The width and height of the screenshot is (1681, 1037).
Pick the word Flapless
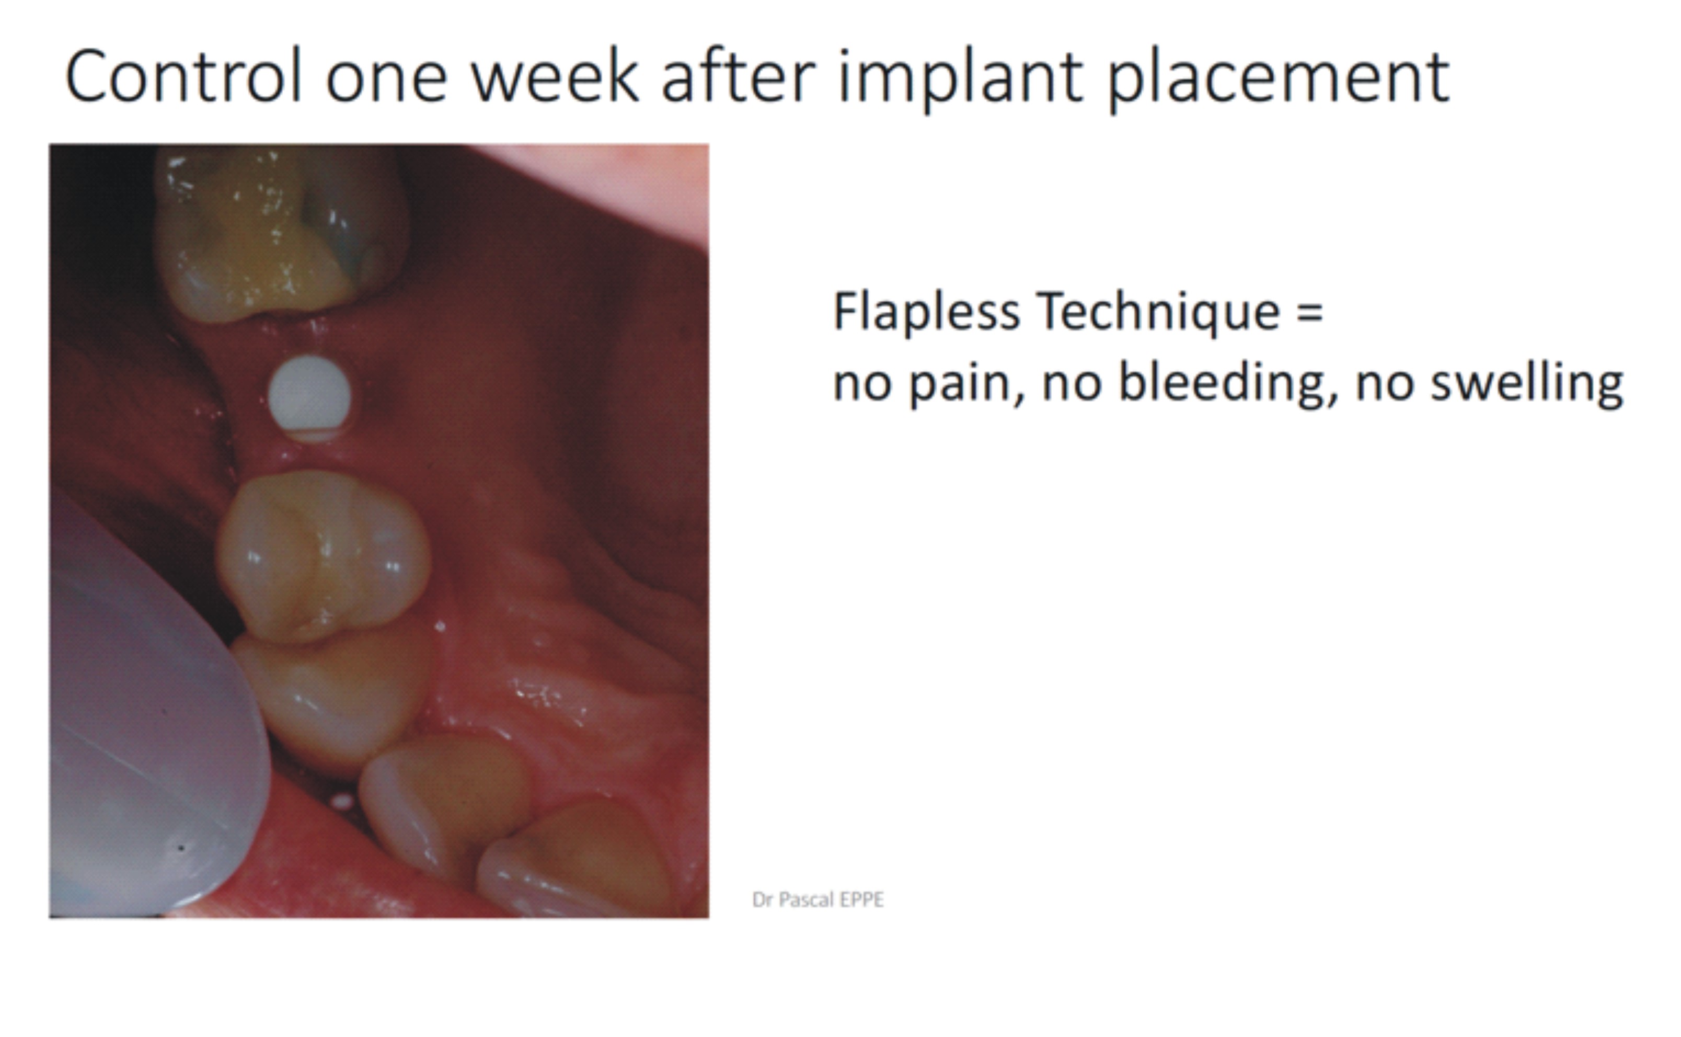[x=926, y=313]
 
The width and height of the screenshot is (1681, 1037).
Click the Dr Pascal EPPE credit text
[x=818, y=900]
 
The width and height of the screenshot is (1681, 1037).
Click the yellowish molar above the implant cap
[x=281, y=233]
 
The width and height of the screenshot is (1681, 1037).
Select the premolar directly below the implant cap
[x=322, y=555]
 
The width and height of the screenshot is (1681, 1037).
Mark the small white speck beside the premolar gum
[x=440, y=626]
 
